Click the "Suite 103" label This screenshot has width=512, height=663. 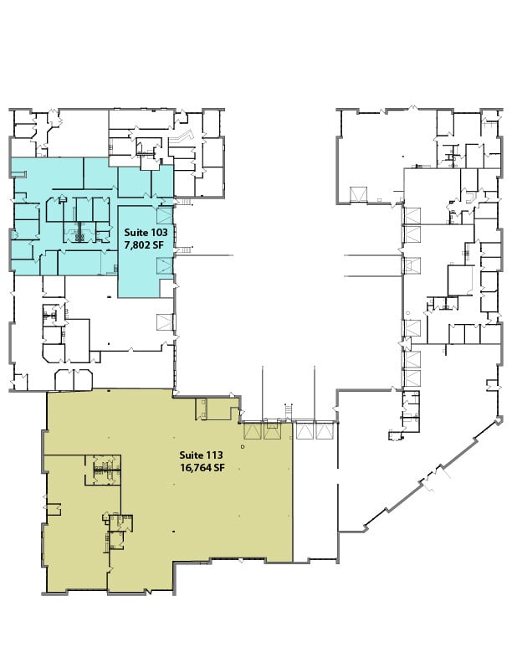click(146, 231)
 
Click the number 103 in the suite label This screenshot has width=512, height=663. click(159, 231)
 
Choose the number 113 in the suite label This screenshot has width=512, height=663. click(215, 456)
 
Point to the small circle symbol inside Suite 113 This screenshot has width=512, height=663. click(242, 447)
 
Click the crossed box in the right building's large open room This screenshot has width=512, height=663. click(357, 194)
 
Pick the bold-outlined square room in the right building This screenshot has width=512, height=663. click(461, 280)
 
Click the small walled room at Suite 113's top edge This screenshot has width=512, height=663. click(202, 408)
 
